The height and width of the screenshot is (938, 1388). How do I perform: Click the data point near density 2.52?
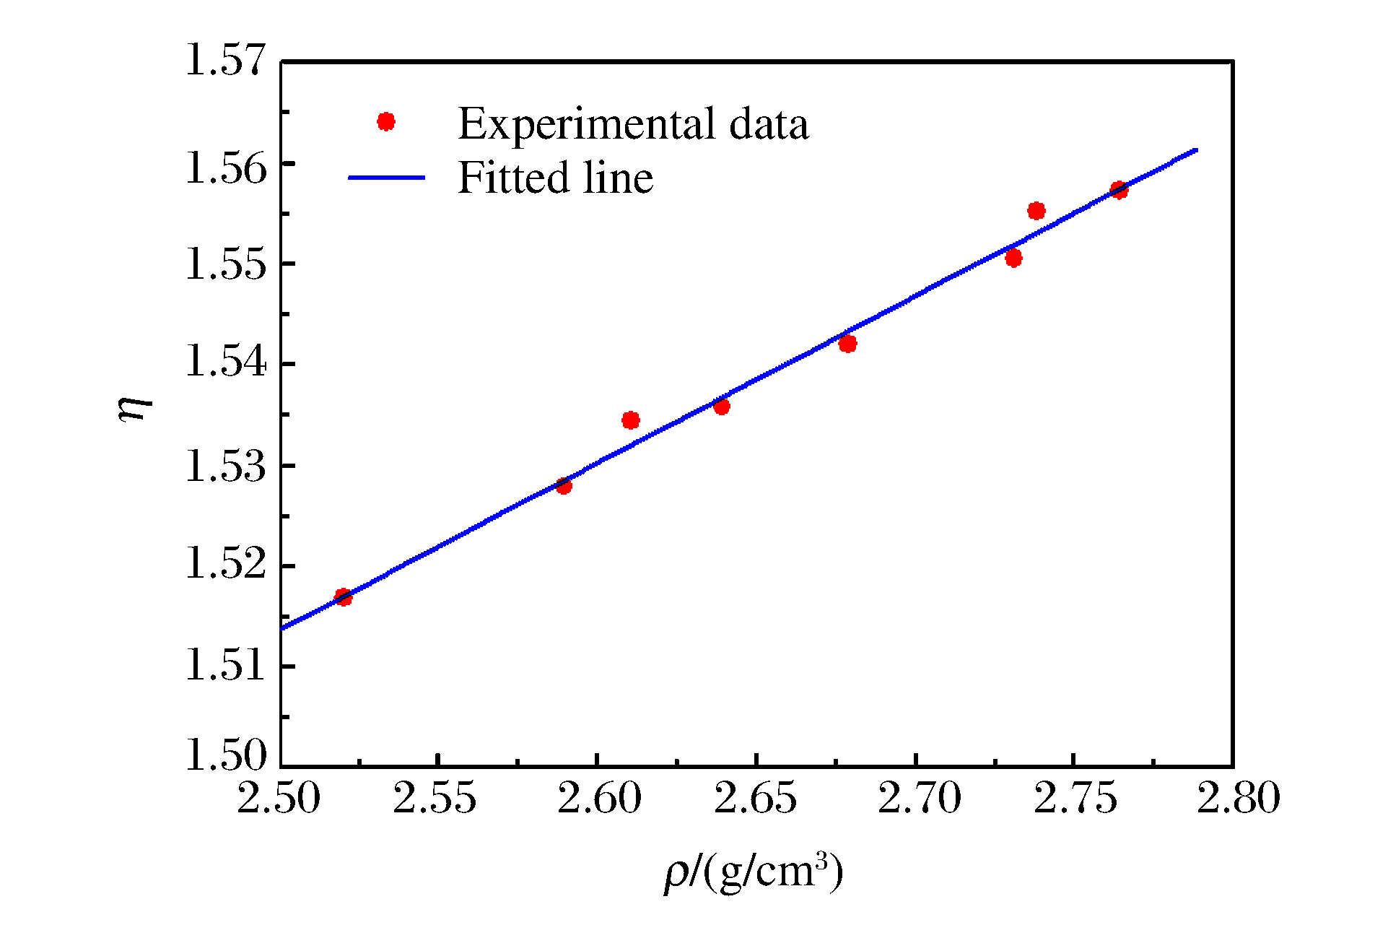[344, 597]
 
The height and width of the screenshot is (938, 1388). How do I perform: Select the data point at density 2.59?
[564, 486]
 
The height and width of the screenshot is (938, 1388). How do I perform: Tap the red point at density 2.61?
[631, 420]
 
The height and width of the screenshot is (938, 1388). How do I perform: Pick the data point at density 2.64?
[721, 407]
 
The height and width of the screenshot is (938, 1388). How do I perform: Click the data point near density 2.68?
[848, 344]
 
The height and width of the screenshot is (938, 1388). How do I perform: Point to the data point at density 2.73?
[1013, 258]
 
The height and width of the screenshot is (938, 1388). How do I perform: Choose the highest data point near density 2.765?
[1119, 191]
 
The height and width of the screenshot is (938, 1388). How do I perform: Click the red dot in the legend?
[386, 122]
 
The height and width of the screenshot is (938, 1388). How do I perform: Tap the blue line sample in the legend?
[386, 178]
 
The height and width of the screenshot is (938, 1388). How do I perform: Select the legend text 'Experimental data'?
[633, 123]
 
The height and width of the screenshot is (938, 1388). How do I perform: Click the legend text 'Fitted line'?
[555, 178]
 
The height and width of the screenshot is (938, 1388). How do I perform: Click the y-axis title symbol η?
[135, 409]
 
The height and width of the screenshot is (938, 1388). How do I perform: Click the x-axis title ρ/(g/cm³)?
[754, 872]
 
